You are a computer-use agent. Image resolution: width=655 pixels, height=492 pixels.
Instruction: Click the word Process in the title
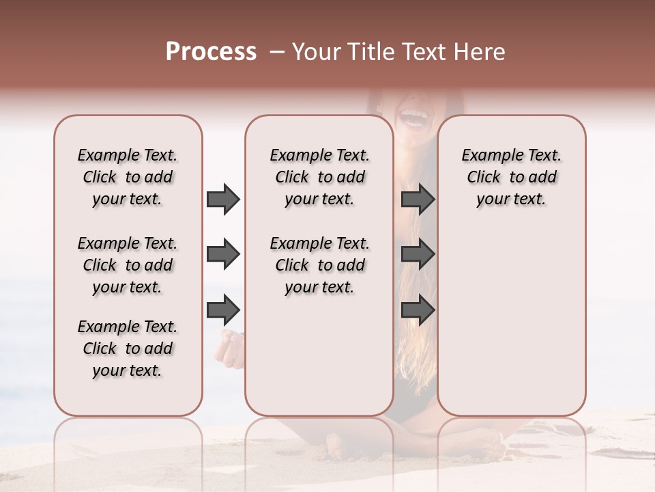(211, 52)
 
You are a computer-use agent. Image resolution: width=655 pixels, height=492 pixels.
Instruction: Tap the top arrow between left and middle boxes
(223, 199)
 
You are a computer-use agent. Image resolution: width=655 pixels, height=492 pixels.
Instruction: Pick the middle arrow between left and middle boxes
(223, 254)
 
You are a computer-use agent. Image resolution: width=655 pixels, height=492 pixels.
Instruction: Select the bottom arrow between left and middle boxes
(223, 310)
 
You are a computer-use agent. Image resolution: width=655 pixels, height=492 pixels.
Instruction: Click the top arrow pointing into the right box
(418, 199)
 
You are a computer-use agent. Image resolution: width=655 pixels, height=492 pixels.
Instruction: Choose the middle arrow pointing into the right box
(418, 254)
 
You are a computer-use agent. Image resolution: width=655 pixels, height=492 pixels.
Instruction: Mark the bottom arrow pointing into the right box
(418, 310)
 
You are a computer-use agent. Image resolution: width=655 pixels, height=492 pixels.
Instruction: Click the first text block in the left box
(128, 177)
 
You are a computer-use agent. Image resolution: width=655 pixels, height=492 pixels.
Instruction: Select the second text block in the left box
(128, 265)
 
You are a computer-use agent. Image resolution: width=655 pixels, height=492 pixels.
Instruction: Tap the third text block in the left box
(128, 348)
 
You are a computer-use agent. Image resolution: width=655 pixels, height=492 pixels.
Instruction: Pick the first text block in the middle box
(319, 177)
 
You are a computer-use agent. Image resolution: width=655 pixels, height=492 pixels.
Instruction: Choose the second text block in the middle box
(319, 265)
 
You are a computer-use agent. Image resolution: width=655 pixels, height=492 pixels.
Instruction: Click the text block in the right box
(511, 177)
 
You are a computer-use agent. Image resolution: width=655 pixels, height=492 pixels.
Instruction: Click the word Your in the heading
(317, 52)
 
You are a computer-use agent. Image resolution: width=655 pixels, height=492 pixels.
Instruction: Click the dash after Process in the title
(276, 52)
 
